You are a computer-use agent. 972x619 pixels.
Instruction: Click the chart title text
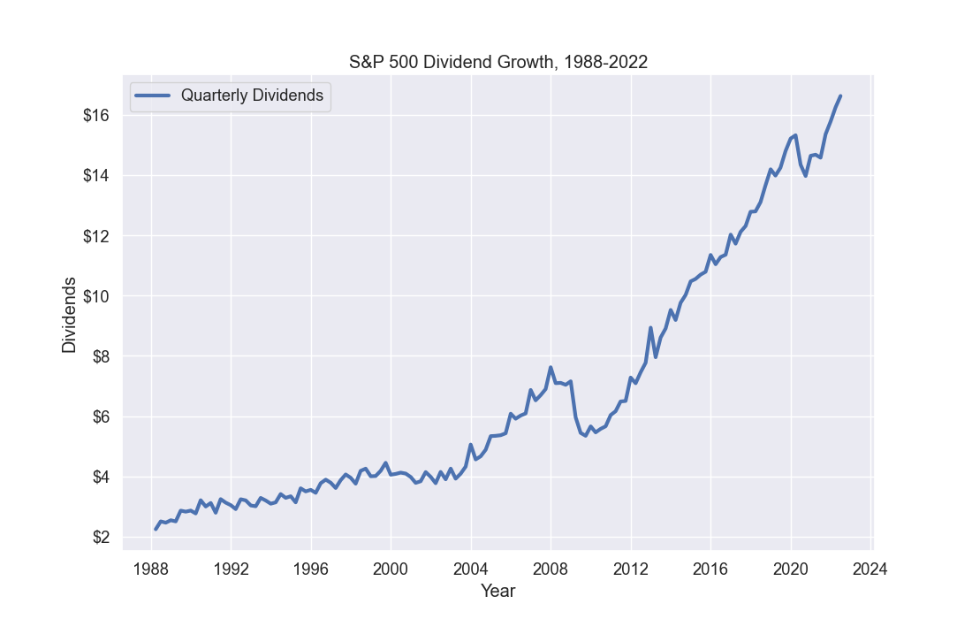[498, 62]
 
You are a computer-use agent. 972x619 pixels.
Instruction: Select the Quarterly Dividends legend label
[252, 96]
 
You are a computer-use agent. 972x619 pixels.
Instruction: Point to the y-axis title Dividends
[69, 315]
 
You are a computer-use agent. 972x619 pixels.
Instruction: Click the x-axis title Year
[497, 591]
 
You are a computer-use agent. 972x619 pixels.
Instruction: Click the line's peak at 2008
[551, 367]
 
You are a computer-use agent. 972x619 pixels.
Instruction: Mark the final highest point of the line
[840, 96]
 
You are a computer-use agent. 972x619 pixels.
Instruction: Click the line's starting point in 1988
[156, 529]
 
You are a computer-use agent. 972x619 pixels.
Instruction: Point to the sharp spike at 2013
[650, 327]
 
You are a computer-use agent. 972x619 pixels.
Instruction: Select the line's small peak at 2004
[471, 445]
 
